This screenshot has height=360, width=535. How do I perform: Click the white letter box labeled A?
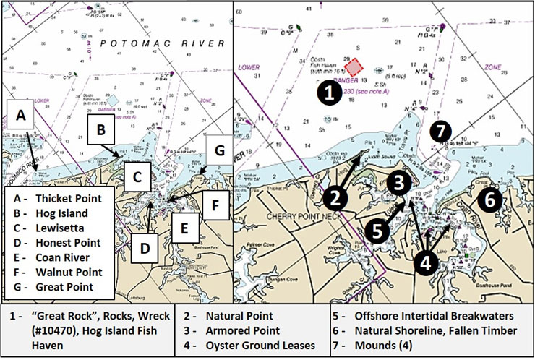[21, 115]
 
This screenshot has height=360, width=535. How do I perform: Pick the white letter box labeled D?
[145, 248]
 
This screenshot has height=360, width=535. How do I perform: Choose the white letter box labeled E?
[184, 230]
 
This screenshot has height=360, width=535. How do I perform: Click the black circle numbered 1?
[328, 93]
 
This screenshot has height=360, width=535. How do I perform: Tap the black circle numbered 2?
[335, 194]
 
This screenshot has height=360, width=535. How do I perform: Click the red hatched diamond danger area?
[353, 67]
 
